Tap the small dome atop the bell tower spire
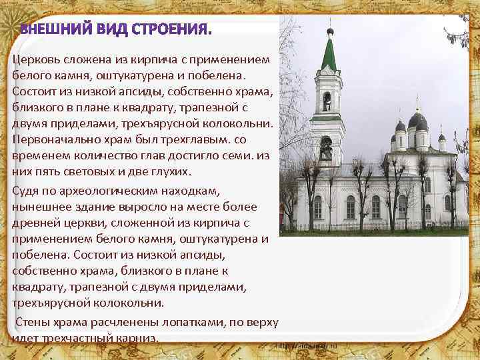329,31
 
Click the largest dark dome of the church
418,121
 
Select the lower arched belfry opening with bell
327,148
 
